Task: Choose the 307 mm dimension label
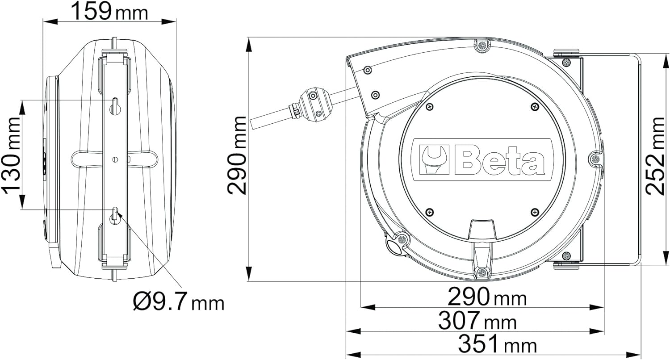coord(477,321)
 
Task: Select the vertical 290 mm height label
coord(237,155)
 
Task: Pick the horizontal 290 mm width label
coord(487,297)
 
